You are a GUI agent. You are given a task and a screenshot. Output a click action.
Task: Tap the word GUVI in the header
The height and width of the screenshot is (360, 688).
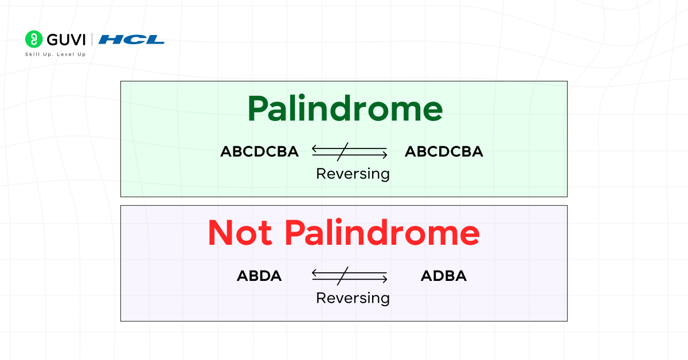pos(66,40)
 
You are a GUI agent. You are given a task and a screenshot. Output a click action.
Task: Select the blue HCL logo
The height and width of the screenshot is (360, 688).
pos(131,40)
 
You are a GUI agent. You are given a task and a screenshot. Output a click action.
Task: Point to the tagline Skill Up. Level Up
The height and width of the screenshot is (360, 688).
pos(56,54)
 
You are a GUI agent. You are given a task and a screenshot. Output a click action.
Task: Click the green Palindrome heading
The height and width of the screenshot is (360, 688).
pos(345,109)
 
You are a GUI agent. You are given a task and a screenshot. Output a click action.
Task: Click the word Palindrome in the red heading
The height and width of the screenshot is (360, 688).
pos(382,233)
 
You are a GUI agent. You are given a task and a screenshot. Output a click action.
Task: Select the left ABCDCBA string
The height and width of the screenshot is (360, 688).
pos(260,152)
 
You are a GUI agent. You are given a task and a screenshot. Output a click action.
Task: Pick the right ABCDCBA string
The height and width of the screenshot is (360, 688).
pos(444,152)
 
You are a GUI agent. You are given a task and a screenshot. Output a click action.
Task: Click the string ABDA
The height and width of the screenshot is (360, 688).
pos(259,276)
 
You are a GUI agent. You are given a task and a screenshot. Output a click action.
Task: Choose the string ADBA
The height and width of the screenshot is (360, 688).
pos(444,276)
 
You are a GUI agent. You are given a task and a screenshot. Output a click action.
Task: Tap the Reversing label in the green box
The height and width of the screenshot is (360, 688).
pos(353,174)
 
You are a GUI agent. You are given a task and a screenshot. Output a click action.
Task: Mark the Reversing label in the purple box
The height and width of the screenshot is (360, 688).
pos(353,298)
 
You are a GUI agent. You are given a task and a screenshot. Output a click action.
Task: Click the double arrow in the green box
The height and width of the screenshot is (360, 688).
pos(350,152)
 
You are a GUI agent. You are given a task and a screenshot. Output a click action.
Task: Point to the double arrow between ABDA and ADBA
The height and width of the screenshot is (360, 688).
pos(350,276)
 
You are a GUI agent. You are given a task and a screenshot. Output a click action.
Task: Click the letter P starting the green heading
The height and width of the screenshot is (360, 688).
pos(259,109)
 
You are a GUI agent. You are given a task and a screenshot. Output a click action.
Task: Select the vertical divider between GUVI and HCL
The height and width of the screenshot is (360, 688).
pos(92,40)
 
